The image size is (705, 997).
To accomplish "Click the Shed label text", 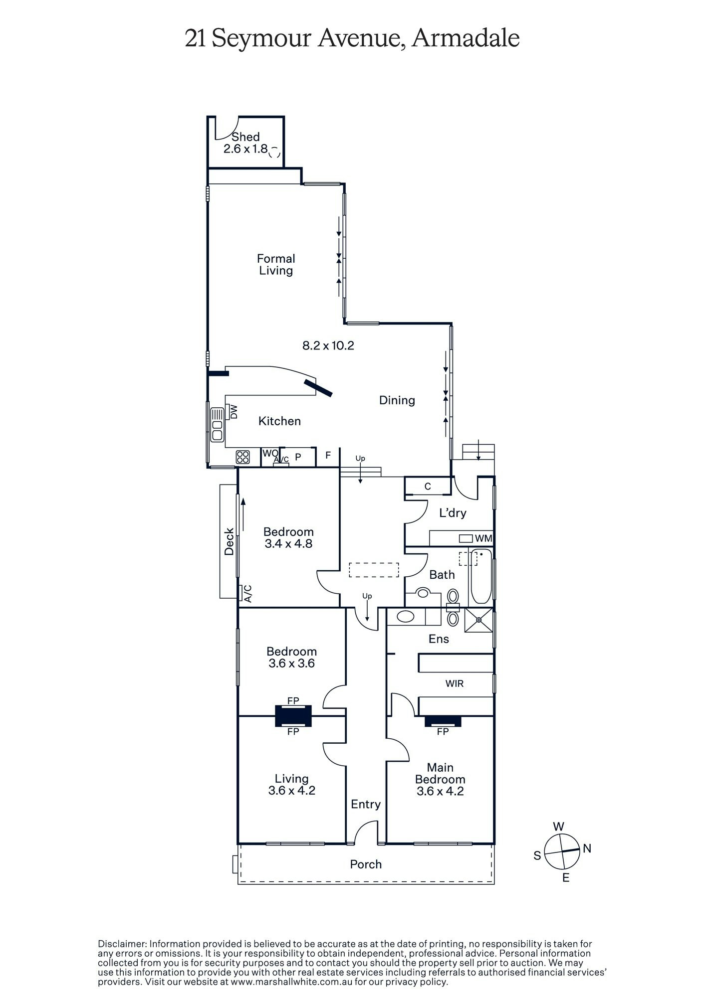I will click(x=245, y=137).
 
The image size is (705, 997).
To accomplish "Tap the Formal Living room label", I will click(x=276, y=265).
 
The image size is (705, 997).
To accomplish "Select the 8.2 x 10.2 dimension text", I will click(x=328, y=345).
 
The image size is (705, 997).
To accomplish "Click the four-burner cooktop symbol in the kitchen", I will click(x=242, y=457).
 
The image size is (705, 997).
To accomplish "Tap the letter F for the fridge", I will click(x=328, y=455).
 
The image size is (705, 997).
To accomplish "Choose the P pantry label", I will click(x=298, y=457).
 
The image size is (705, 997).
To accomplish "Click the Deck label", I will click(x=229, y=541).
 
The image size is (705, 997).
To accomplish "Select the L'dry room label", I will click(x=453, y=513).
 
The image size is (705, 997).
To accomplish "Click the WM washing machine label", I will click(x=483, y=539).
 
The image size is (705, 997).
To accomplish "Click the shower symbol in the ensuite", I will click(x=478, y=620).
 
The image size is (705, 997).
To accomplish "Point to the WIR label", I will click(x=455, y=683).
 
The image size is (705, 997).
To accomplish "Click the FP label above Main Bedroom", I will click(x=443, y=732).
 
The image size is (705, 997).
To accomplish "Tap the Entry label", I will click(x=366, y=804).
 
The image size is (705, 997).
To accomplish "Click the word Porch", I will click(x=366, y=864).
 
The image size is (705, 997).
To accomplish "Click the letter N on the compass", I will click(x=587, y=848).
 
